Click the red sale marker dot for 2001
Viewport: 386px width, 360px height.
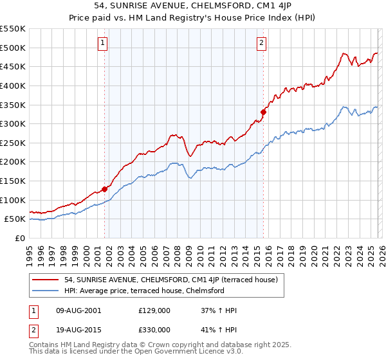104,189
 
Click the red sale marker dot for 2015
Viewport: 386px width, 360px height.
263,112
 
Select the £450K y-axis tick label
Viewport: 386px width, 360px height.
13,66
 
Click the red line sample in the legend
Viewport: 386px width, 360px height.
46,280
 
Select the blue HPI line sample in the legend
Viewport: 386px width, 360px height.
46,291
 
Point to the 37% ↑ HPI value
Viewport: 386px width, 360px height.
219,310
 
